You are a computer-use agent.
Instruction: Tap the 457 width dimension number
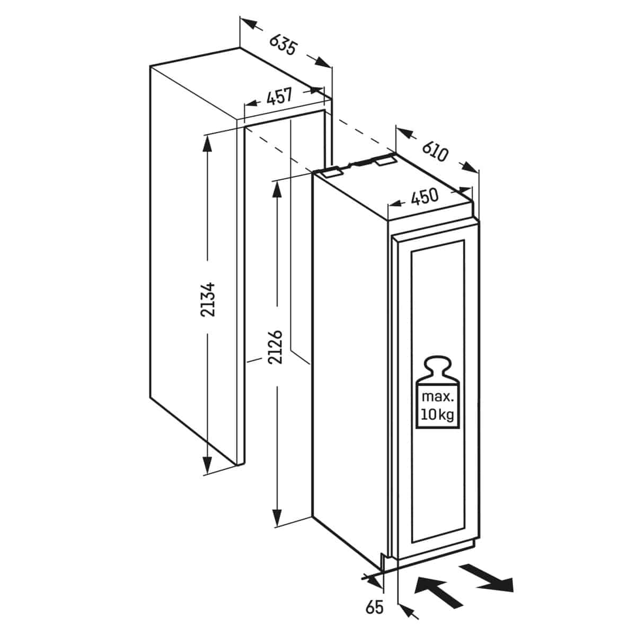pos(279,96)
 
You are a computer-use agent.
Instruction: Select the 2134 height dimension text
pos(208,299)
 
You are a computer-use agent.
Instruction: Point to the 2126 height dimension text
pos(275,347)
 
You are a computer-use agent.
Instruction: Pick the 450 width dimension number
pos(425,197)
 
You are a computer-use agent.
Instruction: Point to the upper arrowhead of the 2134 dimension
pos(207,143)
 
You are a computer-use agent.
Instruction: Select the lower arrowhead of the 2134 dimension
pos(207,465)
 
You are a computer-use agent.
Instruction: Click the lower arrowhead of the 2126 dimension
pos(277,517)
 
